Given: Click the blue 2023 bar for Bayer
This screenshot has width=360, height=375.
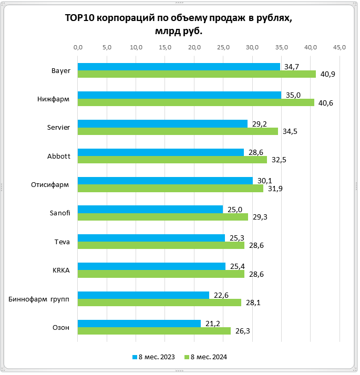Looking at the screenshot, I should [179, 67].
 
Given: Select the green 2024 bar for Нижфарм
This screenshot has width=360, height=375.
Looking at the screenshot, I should [196, 102].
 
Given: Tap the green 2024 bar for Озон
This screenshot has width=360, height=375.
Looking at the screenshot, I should [154, 331].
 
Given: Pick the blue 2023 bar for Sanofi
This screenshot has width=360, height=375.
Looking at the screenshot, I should [150, 209].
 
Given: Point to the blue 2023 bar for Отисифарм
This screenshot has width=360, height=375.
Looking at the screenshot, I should [165, 181].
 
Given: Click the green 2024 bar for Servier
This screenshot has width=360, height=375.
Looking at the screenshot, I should [178, 131].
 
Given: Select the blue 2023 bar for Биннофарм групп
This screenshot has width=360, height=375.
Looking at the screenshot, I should [143, 295].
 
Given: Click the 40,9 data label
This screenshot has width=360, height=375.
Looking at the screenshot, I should [327, 74].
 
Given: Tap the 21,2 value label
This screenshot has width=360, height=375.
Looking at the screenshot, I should [212, 324].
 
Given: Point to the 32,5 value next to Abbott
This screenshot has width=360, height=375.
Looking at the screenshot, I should [279, 160].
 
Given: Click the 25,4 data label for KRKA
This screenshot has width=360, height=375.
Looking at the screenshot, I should [236, 266].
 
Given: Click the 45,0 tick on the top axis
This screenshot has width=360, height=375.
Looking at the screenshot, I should [340, 48].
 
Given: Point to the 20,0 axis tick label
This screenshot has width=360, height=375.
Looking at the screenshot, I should [194, 48].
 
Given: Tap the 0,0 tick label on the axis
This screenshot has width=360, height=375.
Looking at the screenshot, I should [78, 48].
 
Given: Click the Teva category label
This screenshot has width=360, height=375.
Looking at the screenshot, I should [62, 241].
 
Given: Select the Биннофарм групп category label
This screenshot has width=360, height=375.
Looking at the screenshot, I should [39, 298].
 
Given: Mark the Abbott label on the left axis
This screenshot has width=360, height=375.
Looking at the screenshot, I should [59, 155].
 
